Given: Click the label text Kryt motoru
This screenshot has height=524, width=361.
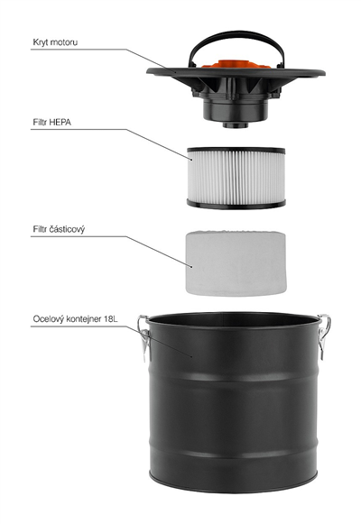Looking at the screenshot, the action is (55, 42).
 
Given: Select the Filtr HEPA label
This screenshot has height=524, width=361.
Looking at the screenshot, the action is (51, 123).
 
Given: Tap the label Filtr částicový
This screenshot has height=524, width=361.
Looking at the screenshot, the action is (59, 229).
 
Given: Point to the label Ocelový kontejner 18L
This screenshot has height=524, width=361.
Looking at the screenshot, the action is (75, 318).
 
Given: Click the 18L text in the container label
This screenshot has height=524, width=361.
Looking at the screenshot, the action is (111, 318).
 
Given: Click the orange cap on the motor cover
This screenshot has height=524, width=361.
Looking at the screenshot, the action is (236, 64).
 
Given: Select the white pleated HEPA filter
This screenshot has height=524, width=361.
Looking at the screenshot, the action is (236, 178).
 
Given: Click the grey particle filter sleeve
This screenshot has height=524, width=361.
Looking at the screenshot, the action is (236, 263).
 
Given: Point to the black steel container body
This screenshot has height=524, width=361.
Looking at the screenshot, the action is (233, 402).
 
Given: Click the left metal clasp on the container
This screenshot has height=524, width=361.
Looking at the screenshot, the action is (144, 337).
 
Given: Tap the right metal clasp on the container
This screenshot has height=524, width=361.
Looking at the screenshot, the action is (324, 336).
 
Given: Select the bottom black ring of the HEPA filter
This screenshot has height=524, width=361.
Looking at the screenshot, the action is (236, 204).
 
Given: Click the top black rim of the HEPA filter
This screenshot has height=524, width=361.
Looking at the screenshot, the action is (236, 150).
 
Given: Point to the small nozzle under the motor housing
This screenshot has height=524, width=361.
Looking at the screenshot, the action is (236, 125).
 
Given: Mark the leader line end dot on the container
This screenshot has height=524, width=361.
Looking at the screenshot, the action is (191, 356).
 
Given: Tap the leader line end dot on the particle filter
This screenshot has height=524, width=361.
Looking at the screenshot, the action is (191, 266).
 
